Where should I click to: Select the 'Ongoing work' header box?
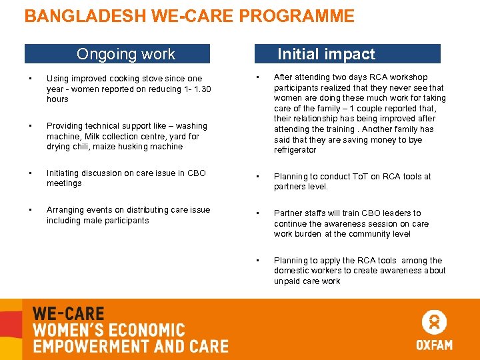coord(117,54)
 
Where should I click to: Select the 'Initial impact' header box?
coord(348,54)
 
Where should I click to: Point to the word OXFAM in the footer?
coord(434,345)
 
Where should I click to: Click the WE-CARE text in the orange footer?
coord(68,314)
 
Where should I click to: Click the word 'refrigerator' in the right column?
coord(295,150)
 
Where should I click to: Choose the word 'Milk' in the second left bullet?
coord(93,137)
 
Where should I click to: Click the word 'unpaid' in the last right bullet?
coord(287,281)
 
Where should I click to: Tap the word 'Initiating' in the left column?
coord(64,173)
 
